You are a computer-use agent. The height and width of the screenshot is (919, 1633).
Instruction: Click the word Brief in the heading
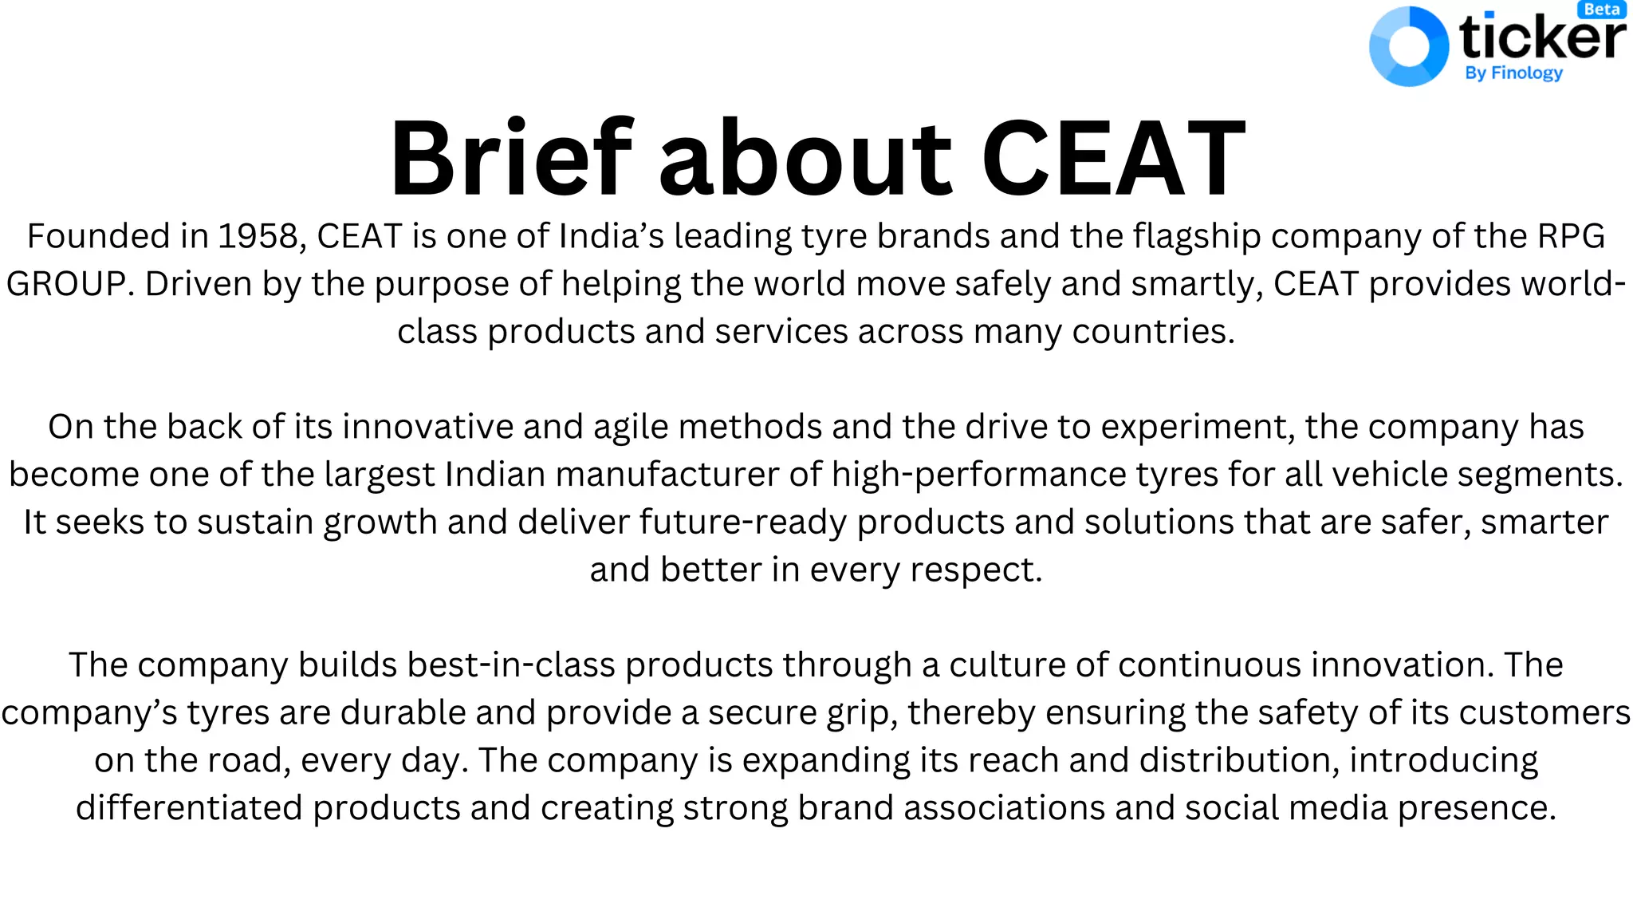511,157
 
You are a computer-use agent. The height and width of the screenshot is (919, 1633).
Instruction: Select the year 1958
258,236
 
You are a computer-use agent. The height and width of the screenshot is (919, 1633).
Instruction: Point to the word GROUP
65,284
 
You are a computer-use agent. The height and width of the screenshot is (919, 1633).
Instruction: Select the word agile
631,428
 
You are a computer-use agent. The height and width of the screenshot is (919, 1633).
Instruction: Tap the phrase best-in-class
510,665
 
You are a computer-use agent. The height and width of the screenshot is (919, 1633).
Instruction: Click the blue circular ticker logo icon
1408,46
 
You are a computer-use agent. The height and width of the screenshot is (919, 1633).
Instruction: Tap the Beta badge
1602,10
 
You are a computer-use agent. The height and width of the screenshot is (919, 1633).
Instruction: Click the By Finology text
1513,73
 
